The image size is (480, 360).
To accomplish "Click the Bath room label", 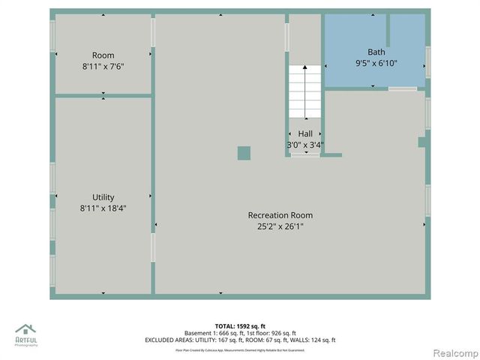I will coord(376,52).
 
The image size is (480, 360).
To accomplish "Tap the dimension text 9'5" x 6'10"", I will coord(376,64).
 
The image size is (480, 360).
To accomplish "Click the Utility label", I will coord(103,197).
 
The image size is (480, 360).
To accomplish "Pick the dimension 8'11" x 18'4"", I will coord(103,208).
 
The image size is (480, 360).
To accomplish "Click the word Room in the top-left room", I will coord(103,55).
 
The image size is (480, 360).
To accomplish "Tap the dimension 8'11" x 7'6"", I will coord(103,66).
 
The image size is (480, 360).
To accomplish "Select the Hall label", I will coord(305,133).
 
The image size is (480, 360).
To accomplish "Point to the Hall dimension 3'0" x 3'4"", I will coord(304,144).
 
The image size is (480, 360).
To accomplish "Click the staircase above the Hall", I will coord(305,91).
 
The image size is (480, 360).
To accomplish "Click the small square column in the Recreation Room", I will coord(244,153).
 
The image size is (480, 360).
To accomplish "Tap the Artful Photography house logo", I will coord(25,330).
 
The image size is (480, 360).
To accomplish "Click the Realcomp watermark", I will coord(451,352).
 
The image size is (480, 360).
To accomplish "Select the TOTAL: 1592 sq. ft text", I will coord(240,325).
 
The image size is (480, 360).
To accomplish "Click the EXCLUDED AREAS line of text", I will coord(240,340).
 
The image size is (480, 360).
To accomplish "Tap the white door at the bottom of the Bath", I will coord(403,88).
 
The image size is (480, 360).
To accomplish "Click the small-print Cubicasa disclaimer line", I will coord(240,349).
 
